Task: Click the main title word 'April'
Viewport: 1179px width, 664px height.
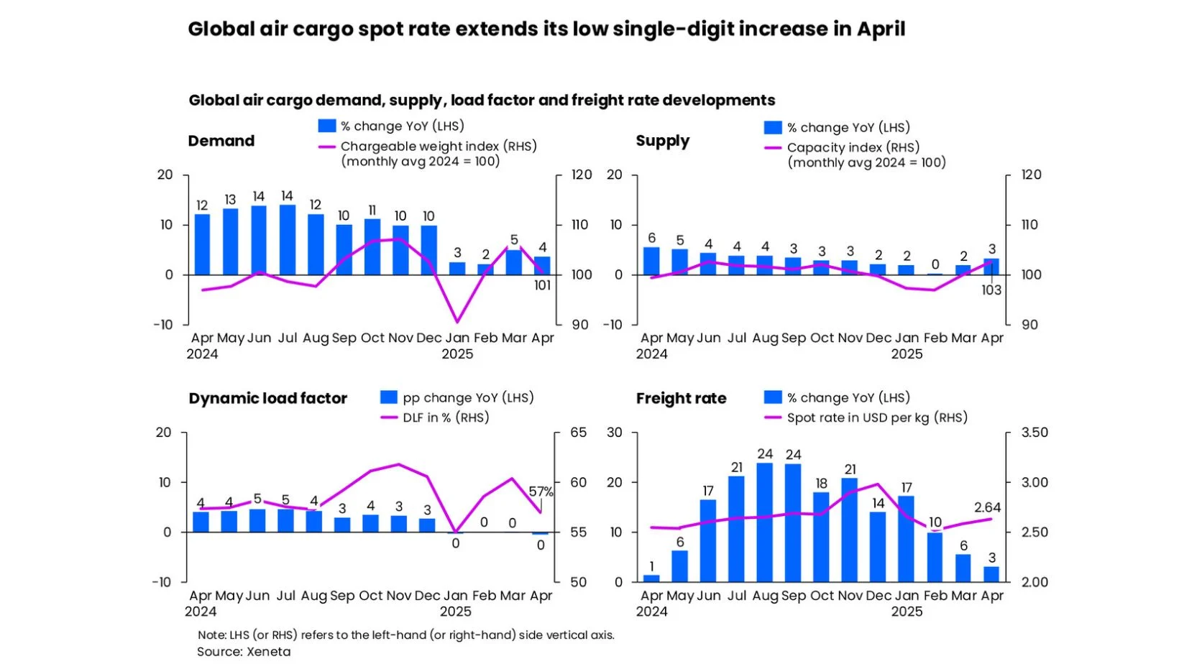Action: coord(881,29)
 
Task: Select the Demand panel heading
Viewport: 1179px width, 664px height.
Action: coord(221,141)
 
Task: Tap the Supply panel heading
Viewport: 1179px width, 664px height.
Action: coord(662,141)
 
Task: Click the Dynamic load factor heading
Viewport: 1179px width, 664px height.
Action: coord(267,398)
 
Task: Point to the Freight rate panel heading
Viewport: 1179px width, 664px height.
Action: coord(681,398)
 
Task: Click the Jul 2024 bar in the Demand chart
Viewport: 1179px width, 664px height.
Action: coord(287,240)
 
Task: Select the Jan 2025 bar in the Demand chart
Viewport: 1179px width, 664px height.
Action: coord(457,268)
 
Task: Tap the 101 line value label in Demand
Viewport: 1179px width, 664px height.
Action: coord(542,285)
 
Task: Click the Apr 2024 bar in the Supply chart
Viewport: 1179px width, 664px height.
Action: coord(651,261)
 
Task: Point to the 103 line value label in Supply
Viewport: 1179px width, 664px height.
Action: coord(991,290)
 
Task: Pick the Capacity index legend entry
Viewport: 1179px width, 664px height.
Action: coord(853,147)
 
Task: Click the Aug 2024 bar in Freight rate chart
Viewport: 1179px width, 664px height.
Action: coord(765,522)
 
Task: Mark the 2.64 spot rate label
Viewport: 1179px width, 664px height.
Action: coord(987,507)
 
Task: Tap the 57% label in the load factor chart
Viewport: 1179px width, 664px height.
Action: coord(541,492)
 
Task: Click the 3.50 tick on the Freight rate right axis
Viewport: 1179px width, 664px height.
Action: coord(1035,433)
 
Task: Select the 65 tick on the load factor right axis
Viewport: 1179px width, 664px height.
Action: coord(579,433)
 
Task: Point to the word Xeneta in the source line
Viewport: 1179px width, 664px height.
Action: coord(268,652)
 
